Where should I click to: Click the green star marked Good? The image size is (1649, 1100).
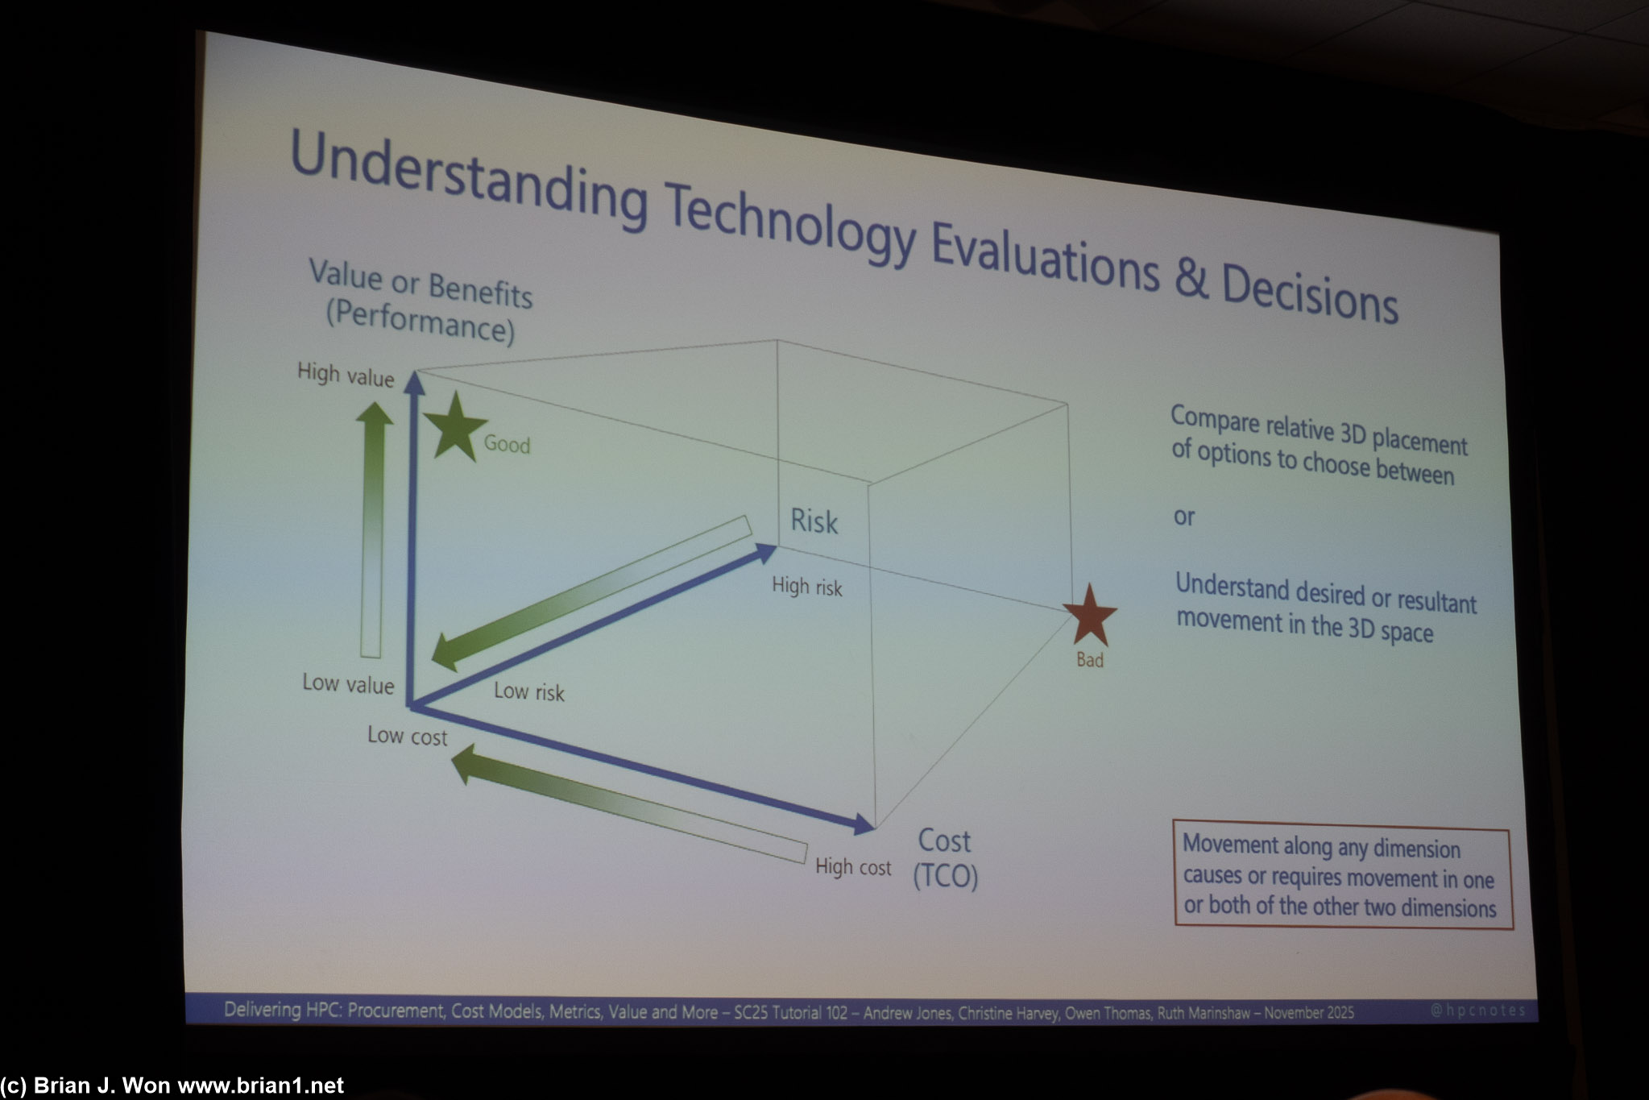[455, 427]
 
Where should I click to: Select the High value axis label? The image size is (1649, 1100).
[346, 375]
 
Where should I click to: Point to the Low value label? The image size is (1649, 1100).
[348, 683]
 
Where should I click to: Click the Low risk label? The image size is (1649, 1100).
[529, 691]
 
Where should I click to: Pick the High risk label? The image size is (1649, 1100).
[806, 587]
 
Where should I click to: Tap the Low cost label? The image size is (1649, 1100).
[407, 736]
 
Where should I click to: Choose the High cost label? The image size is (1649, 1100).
[853, 867]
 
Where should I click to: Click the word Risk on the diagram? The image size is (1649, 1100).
[814, 521]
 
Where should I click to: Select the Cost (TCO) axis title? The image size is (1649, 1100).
[945, 858]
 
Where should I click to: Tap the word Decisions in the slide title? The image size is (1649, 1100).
[1309, 293]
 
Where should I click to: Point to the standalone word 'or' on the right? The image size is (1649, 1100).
[1183, 517]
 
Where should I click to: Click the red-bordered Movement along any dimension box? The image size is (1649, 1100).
[1341, 878]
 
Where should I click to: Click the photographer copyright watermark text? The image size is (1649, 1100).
[172, 1086]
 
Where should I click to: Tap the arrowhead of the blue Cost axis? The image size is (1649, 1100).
[864, 824]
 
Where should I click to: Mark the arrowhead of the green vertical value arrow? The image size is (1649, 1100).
[375, 413]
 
